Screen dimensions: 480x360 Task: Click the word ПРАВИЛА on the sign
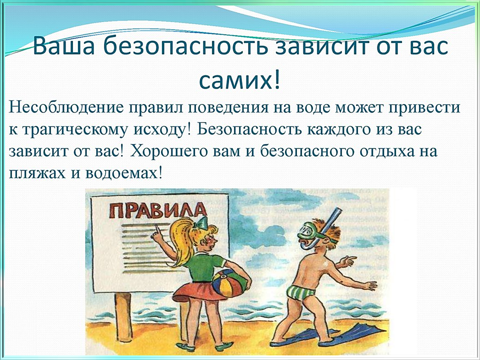click(158, 211)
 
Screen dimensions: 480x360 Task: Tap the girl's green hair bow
click(200, 223)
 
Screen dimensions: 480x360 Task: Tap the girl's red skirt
click(194, 293)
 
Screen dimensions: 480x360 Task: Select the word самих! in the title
click(239, 80)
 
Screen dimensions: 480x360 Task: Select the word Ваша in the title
click(63, 46)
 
